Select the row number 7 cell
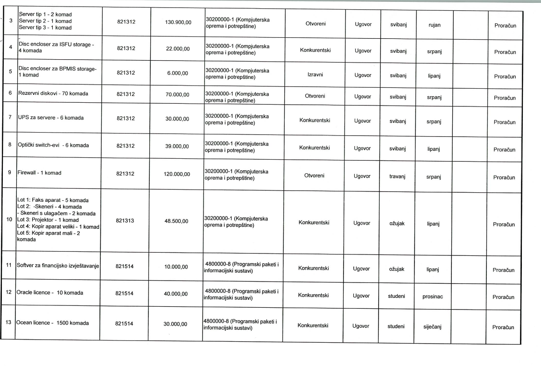[x=10, y=118]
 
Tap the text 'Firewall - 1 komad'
[x=40, y=173]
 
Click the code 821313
[x=126, y=219]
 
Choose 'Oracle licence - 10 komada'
[x=50, y=293]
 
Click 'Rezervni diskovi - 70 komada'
[x=53, y=93]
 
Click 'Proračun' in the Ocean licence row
[x=503, y=327]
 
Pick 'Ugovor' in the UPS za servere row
[x=363, y=121]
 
